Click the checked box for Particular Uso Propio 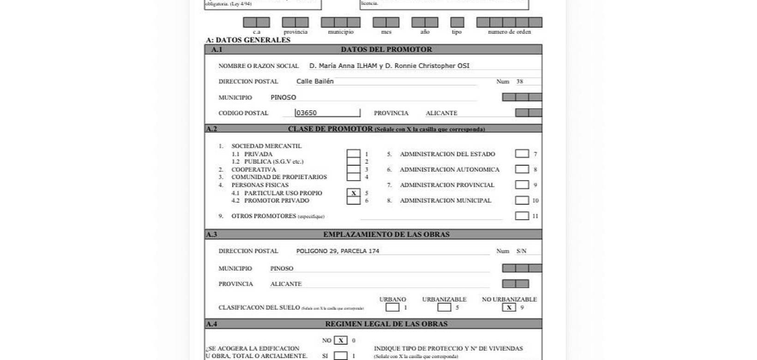click(x=354, y=193)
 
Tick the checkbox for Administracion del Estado click(x=522, y=154)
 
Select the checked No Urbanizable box click(x=509, y=307)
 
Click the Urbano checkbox click(x=392, y=307)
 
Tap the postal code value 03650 click(x=306, y=113)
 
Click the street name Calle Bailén click(x=315, y=81)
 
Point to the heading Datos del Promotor click(x=386, y=49)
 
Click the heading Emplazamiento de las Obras click(x=386, y=234)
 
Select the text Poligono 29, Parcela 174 click(x=337, y=251)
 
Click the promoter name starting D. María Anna click(x=389, y=66)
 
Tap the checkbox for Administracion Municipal click(x=522, y=200)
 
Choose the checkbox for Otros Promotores click(x=522, y=216)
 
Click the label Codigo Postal click(x=243, y=113)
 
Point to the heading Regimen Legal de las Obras click(x=386, y=324)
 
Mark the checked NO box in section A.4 click(x=341, y=341)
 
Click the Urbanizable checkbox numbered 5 click(x=444, y=307)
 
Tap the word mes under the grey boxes click(x=386, y=32)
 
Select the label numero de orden click(x=509, y=32)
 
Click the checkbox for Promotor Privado click(x=354, y=201)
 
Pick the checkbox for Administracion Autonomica click(x=522, y=169)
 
